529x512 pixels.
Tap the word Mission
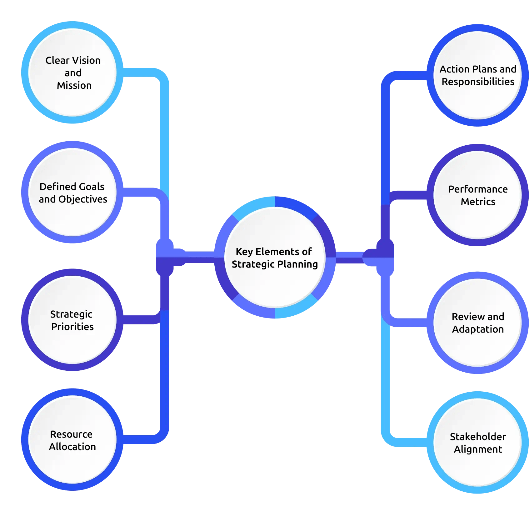(74, 85)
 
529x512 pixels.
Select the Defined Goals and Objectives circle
(72, 192)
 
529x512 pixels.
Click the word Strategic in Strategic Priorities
(71, 314)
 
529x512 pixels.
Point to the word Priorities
(72, 327)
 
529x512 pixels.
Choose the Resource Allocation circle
(72, 439)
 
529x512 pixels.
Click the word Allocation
(72, 447)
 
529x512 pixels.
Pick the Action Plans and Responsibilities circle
(478, 75)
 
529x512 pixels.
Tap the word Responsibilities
(478, 82)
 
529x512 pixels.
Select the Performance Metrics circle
(478, 195)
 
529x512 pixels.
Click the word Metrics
(478, 202)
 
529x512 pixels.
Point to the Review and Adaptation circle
(478, 323)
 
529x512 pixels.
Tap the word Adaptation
(478, 329)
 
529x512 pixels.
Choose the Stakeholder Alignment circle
(478, 443)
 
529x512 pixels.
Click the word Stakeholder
(478, 437)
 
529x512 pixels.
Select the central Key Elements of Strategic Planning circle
(275, 258)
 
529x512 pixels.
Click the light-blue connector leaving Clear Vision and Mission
(165, 131)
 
